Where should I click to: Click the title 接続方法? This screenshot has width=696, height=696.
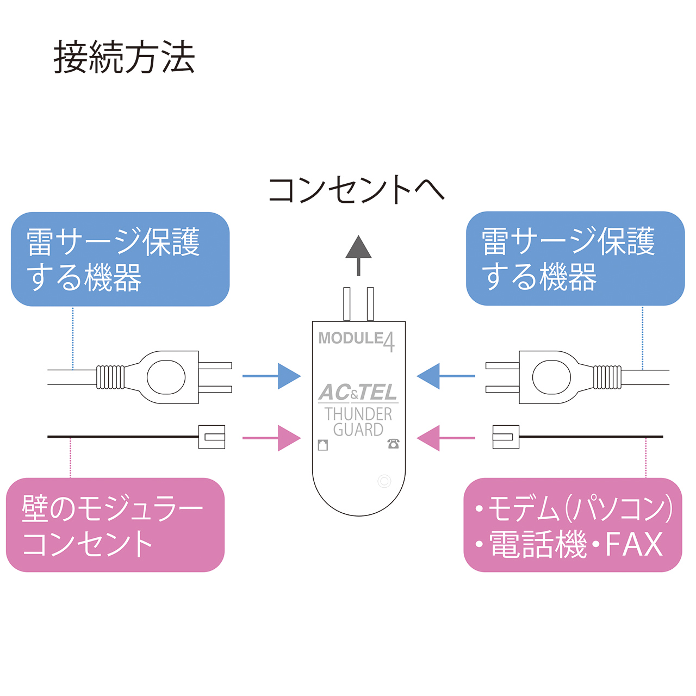click(124, 58)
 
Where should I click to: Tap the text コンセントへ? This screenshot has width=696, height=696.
click(356, 190)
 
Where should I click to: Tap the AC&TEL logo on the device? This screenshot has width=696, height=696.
click(358, 392)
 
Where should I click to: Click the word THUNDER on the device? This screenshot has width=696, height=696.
click(358, 414)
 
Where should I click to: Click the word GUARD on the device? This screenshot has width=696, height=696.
click(358, 430)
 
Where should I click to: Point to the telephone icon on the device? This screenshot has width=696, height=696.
click(393, 444)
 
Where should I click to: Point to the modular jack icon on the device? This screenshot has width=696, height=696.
click(323, 445)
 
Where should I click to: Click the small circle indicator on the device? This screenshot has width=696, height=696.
click(384, 481)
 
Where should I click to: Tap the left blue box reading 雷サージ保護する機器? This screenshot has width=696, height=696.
click(120, 259)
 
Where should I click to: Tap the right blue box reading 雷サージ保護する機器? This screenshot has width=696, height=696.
click(575, 258)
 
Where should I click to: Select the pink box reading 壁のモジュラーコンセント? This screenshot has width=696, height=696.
click(115, 525)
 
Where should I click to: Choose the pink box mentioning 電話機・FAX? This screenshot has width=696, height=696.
click(573, 525)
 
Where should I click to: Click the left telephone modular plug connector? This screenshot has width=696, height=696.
click(212, 437)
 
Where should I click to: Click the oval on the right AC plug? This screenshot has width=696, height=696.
click(551, 376)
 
